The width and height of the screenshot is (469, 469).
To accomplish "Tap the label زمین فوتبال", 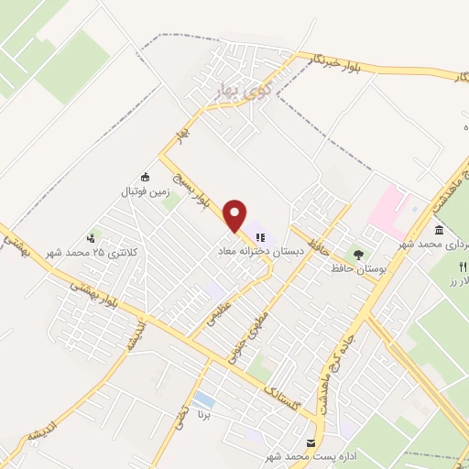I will [142, 193].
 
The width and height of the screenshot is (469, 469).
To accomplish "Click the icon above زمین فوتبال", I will [143, 178].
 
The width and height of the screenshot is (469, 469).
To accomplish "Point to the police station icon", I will [90, 237].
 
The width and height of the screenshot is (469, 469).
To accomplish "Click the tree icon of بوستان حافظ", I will [357, 253].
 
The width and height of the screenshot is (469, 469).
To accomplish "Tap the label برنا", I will [214, 413].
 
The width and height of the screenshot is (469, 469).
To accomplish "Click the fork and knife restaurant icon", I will [462, 265].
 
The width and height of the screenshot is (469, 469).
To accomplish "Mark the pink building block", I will [388, 206].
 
